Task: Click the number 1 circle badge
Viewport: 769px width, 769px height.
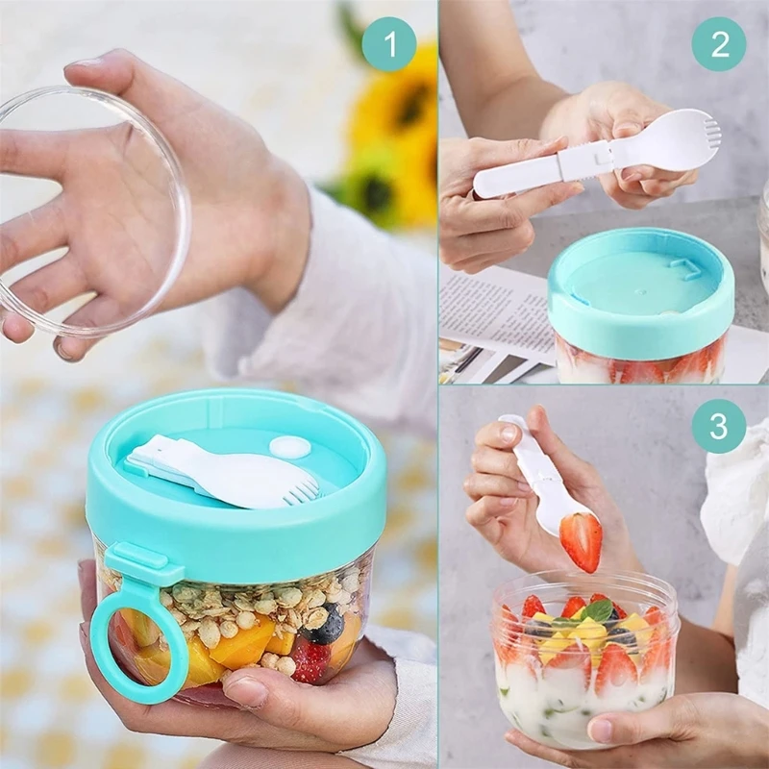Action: [x=388, y=44]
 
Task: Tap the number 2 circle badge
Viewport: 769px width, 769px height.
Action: [x=718, y=44]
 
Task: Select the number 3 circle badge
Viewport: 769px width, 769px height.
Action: [x=718, y=426]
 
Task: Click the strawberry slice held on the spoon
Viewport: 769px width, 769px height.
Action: [x=581, y=540]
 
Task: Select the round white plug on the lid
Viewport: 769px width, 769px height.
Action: [x=289, y=447]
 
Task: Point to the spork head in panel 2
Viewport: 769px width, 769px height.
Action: [x=677, y=141]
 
